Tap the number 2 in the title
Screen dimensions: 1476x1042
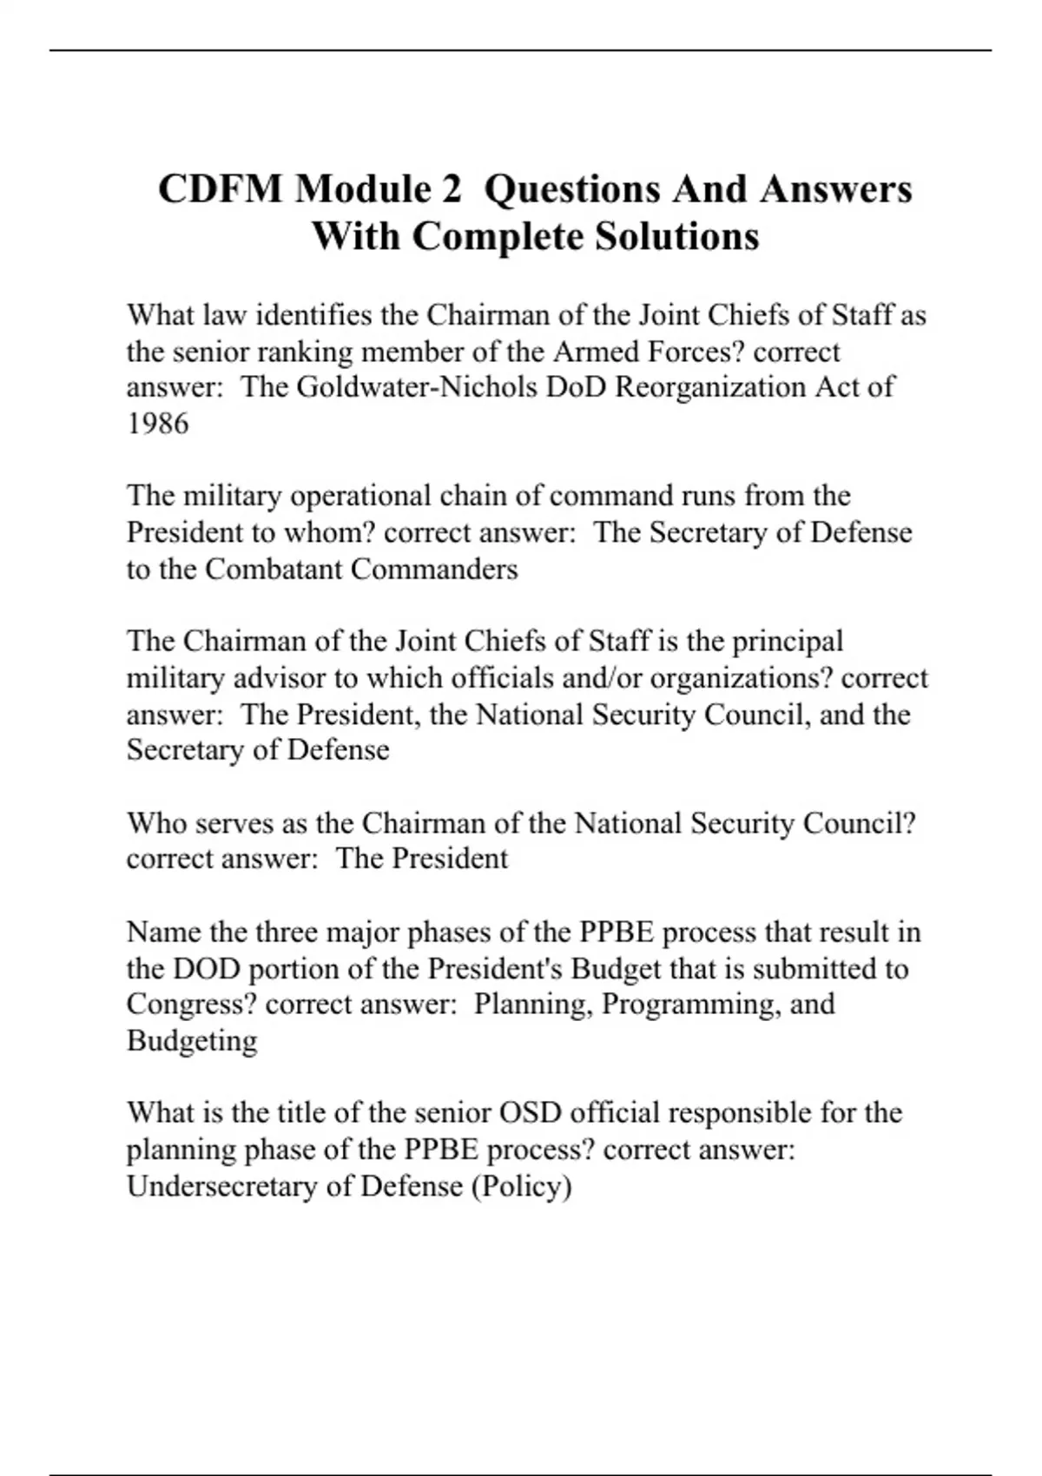[448, 189]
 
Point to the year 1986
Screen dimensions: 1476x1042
[157, 424]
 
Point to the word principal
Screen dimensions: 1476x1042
[788, 642]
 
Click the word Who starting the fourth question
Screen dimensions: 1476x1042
[154, 823]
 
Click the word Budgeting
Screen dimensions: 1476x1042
[192, 1041]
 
